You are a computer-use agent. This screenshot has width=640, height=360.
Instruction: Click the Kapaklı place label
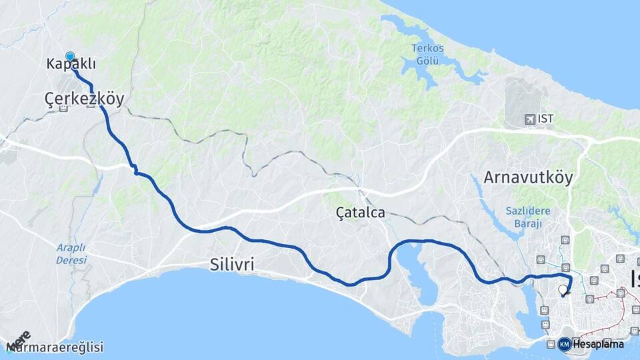click(x=71, y=64)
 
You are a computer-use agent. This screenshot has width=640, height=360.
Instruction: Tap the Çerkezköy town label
click(x=84, y=98)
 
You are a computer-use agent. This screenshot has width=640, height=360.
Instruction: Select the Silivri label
click(x=231, y=265)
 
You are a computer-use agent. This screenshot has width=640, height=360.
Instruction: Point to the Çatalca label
click(x=361, y=212)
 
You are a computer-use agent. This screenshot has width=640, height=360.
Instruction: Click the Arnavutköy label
click(x=528, y=178)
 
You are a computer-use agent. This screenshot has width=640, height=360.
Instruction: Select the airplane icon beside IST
click(x=530, y=119)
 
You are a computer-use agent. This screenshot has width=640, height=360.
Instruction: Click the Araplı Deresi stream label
click(x=71, y=253)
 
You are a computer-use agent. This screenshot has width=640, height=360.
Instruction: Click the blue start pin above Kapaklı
click(x=70, y=57)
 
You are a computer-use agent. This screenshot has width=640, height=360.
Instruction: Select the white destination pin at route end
click(x=563, y=290)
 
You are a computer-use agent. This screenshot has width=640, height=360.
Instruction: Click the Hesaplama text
click(x=598, y=344)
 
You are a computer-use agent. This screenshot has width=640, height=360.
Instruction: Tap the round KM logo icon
click(x=565, y=344)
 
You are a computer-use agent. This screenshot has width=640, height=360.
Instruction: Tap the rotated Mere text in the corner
click(x=18, y=340)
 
